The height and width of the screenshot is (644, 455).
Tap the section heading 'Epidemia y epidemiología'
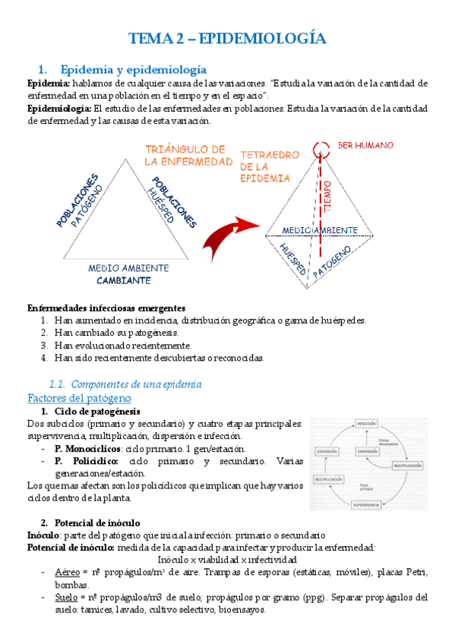pos(133,68)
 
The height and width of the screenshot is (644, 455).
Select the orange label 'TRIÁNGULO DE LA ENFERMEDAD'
pos(188,155)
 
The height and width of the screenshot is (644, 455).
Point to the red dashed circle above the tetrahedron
pos(320,146)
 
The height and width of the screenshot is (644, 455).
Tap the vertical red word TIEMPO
pos(327,196)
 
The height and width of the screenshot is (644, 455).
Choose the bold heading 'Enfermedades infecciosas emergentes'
pos(106,308)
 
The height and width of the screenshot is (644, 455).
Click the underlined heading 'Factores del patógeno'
pos(79,398)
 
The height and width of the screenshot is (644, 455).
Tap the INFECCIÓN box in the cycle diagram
pos(367,423)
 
